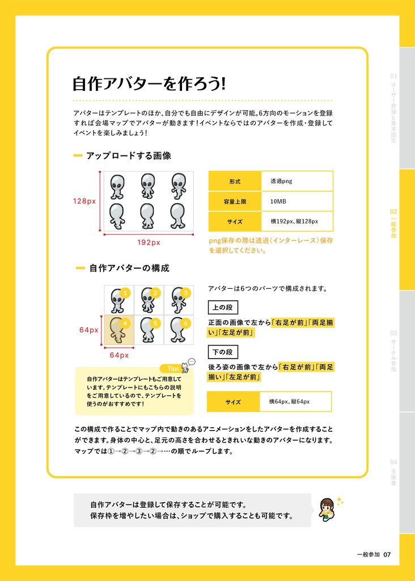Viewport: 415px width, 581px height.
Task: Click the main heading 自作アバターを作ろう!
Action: point(149,84)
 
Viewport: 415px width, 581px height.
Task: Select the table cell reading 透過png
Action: point(297,182)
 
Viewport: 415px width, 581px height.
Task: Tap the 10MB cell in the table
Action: point(297,201)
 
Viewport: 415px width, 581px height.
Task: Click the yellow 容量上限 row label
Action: point(235,201)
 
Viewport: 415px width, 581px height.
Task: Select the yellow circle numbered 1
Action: point(126,293)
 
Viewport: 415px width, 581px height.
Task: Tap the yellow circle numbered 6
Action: point(185,323)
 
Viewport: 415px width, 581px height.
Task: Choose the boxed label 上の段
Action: point(223,308)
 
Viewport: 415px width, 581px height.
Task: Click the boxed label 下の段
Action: point(223,352)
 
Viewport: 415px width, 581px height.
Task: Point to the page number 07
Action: point(387,554)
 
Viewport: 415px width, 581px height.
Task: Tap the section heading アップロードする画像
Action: point(128,155)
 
